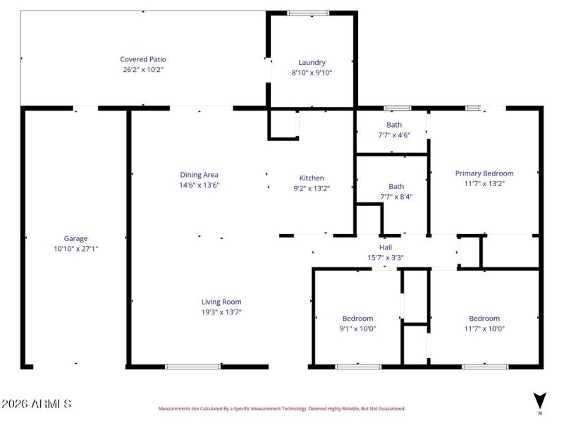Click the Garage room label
[x=76, y=238]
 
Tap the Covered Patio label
[x=143, y=59]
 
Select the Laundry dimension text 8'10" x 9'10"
[x=312, y=73]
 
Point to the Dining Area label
[x=200, y=175]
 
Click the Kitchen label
[x=312, y=178]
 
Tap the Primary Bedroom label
[x=484, y=173]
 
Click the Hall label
[x=386, y=247]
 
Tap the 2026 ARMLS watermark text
[x=36, y=404]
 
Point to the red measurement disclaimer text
[x=281, y=408]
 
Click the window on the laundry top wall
[x=308, y=13]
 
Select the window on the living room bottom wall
[x=192, y=367]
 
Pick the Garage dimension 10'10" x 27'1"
[x=76, y=248]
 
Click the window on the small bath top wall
[x=398, y=108]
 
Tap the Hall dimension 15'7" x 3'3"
[x=386, y=257]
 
